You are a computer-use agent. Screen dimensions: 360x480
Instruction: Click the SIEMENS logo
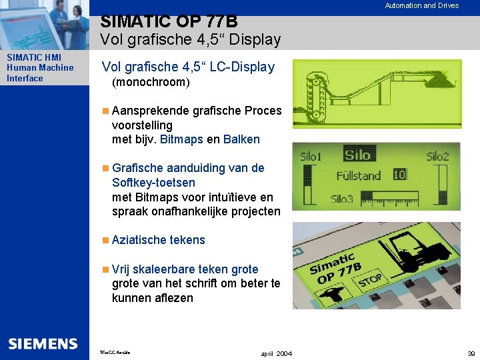point(43,344)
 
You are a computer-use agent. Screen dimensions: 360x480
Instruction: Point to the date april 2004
point(277,353)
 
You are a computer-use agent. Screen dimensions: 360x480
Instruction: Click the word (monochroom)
point(151,83)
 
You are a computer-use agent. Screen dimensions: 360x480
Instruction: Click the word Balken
point(241,139)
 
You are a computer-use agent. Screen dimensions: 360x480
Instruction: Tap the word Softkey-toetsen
point(154,182)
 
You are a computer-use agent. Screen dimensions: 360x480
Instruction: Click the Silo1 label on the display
point(311,157)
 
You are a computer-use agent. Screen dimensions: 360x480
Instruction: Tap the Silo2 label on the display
point(438,157)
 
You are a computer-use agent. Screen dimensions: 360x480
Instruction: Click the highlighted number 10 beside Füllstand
point(399,175)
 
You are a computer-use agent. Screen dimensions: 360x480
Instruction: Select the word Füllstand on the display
point(358,176)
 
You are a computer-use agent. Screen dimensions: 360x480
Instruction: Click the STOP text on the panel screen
point(370,279)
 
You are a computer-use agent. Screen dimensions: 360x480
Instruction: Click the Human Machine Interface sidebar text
point(40,73)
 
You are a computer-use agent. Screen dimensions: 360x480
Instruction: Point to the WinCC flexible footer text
point(115,351)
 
